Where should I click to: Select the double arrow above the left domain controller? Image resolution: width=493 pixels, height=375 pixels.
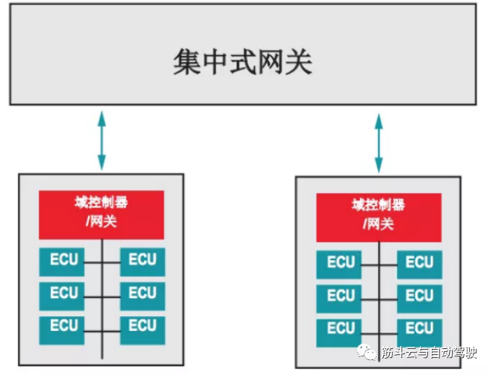pyautogui.click(x=102, y=139)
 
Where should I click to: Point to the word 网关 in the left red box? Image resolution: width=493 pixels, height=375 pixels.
pyautogui.click(x=103, y=221)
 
